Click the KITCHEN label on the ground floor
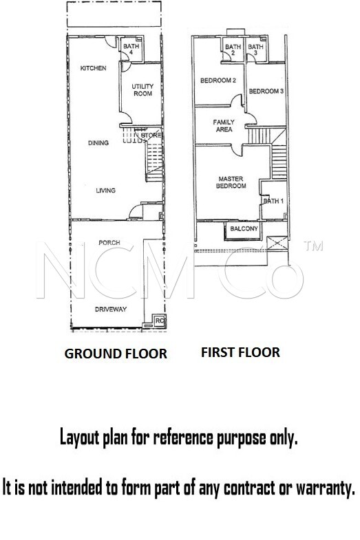[x=93, y=68]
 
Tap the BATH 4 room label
[x=131, y=49]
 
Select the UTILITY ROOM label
[x=142, y=89]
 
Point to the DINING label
[x=98, y=142]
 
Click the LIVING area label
[x=106, y=191]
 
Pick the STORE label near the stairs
[x=151, y=136]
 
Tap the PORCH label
[x=109, y=243]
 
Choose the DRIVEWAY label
[x=111, y=310]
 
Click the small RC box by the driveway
[x=159, y=321]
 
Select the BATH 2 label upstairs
[x=233, y=50]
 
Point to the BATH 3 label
[x=255, y=50]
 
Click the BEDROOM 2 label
[x=218, y=80]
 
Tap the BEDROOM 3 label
[x=266, y=91]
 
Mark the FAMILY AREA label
[x=224, y=126]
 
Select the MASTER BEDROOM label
[x=231, y=182]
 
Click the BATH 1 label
[x=273, y=201]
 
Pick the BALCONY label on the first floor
[x=244, y=228]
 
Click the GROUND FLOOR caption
[x=116, y=354]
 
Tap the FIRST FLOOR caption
[x=240, y=352]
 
